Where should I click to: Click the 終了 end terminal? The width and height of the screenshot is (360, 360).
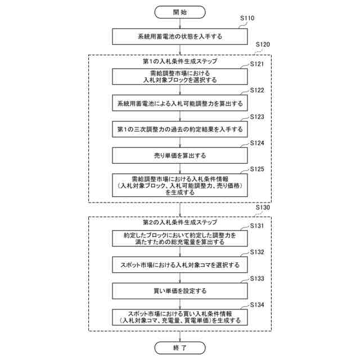pyautogui.click(x=180, y=348)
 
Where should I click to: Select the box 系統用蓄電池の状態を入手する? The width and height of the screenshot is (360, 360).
pyautogui.click(x=180, y=37)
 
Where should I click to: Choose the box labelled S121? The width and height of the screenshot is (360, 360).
pyautogui.click(x=180, y=77)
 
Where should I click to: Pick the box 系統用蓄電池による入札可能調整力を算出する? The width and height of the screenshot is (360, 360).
pyautogui.click(x=180, y=103)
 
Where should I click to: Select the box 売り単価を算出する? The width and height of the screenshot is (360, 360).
pyautogui.click(x=180, y=155)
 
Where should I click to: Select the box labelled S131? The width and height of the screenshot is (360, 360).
pyautogui.click(x=180, y=238)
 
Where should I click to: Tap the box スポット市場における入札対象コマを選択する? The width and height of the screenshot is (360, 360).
pyautogui.click(x=180, y=264)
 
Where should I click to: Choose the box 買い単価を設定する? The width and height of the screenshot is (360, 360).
pyautogui.click(x=180, y=291)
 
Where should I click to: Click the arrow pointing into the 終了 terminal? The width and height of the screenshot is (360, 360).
pyautogui.click(x=180, y=334)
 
